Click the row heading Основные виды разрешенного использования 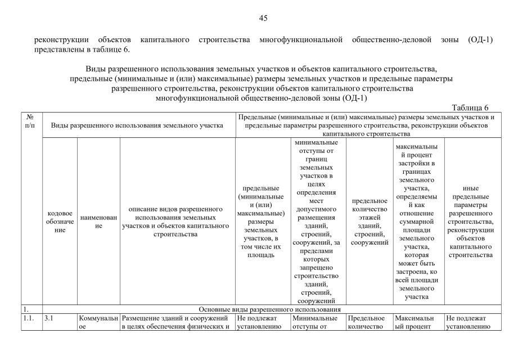pos(271,309)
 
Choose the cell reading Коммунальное pos(99,322)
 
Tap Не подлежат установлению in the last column pos(471,322)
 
